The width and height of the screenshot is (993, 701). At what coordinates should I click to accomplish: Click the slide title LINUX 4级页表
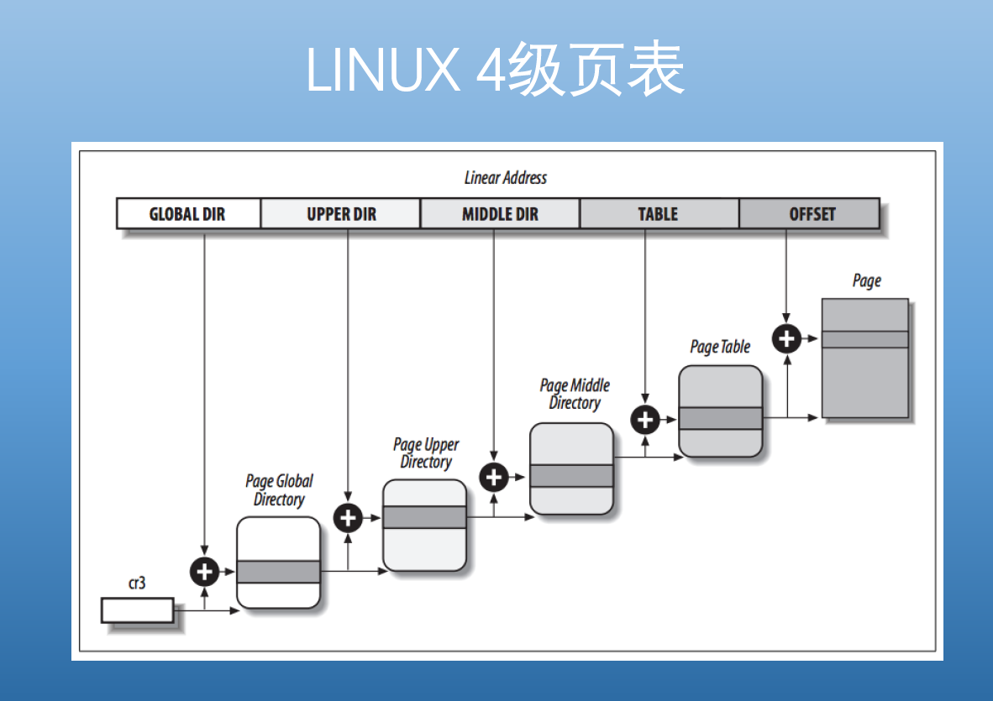coord(496,69)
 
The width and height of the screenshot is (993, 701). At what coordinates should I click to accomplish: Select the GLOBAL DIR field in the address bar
coord(187,214)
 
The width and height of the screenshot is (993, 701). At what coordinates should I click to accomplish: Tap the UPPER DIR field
coord(340,214)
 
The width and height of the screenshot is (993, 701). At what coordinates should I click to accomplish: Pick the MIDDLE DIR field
coord(500,214)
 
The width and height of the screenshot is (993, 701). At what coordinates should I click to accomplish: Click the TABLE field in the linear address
coord(658,214)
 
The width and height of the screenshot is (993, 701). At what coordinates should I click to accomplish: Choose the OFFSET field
coord(812,214)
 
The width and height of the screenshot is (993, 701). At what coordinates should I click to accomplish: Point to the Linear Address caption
coord(505,178)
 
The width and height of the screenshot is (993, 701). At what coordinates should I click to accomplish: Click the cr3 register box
coord(137,610)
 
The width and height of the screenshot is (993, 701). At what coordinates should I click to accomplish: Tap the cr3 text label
coord(136,583)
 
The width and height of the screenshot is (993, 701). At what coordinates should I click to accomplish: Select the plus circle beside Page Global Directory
coord(204,572)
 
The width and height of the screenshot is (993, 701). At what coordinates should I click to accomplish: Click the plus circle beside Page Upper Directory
coord(348,518)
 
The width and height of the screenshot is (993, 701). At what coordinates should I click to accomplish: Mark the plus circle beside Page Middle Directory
coord(494,477)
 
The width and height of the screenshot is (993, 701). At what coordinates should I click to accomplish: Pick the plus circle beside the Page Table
coord(645,419)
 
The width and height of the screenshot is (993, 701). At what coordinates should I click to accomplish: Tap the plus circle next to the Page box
coord(786,338)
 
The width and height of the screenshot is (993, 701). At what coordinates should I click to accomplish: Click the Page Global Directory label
coord(279,490)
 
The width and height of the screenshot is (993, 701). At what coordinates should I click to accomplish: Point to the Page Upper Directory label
coord(426,453)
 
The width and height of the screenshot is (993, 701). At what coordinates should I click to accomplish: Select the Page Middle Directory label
coord(575,394)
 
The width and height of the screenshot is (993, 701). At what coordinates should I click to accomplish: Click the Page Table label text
coord(720,347)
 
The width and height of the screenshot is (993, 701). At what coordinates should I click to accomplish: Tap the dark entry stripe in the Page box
coord(864,339)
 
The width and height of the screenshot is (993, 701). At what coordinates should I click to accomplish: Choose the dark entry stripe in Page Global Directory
coord(278,572)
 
